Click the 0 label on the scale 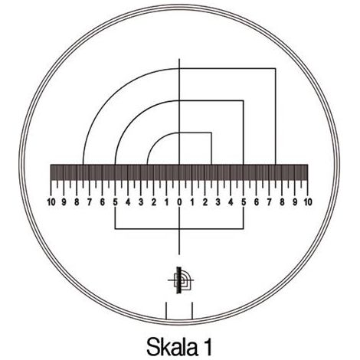click(x=179, y=202)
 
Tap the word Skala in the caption click(x=172, y=347)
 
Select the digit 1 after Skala click(x=208, y=347)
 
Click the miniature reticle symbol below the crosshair click(x=181, y=280)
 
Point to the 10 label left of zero click(x=51, y=202)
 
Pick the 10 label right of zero click(x=308, y=202)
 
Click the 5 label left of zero click(x=116, y=202)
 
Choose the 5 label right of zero click(x=244, y=202)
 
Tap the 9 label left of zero click(x=64, y=202)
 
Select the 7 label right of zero click(x=269, y=202)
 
